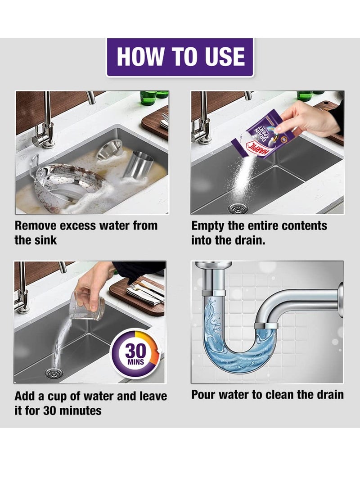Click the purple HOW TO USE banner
click(x=180, y=57)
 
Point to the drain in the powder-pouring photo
click(x=236, y=208)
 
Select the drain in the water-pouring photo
click(x=54, y=373)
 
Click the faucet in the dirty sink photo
click(x=45, y=125)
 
